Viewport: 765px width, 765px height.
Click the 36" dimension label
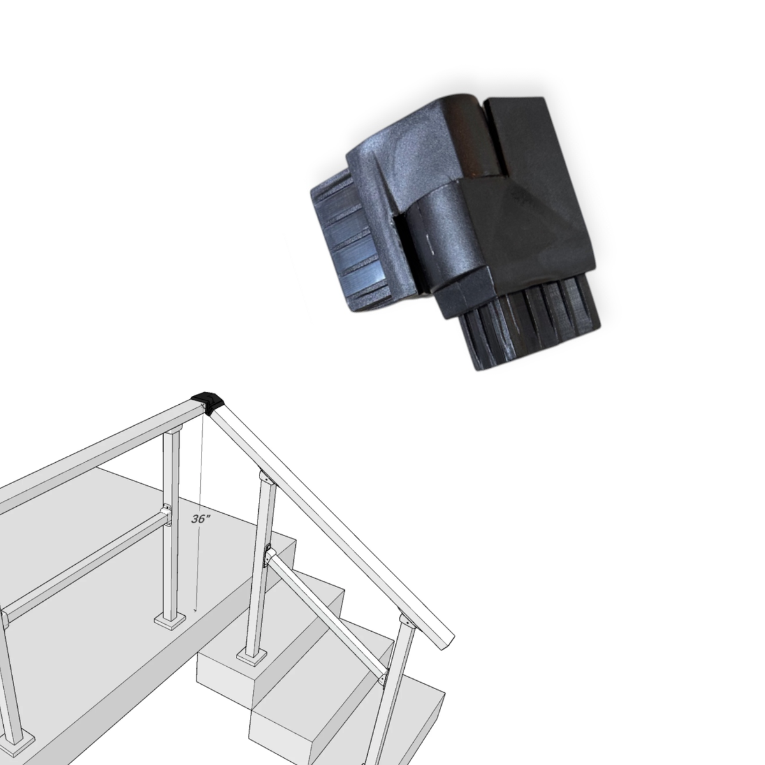(200, 519)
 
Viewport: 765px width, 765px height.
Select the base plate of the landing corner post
(170, 628)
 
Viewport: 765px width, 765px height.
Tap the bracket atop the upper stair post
(268, 477)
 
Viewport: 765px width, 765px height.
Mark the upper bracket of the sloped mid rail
(269, 555)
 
